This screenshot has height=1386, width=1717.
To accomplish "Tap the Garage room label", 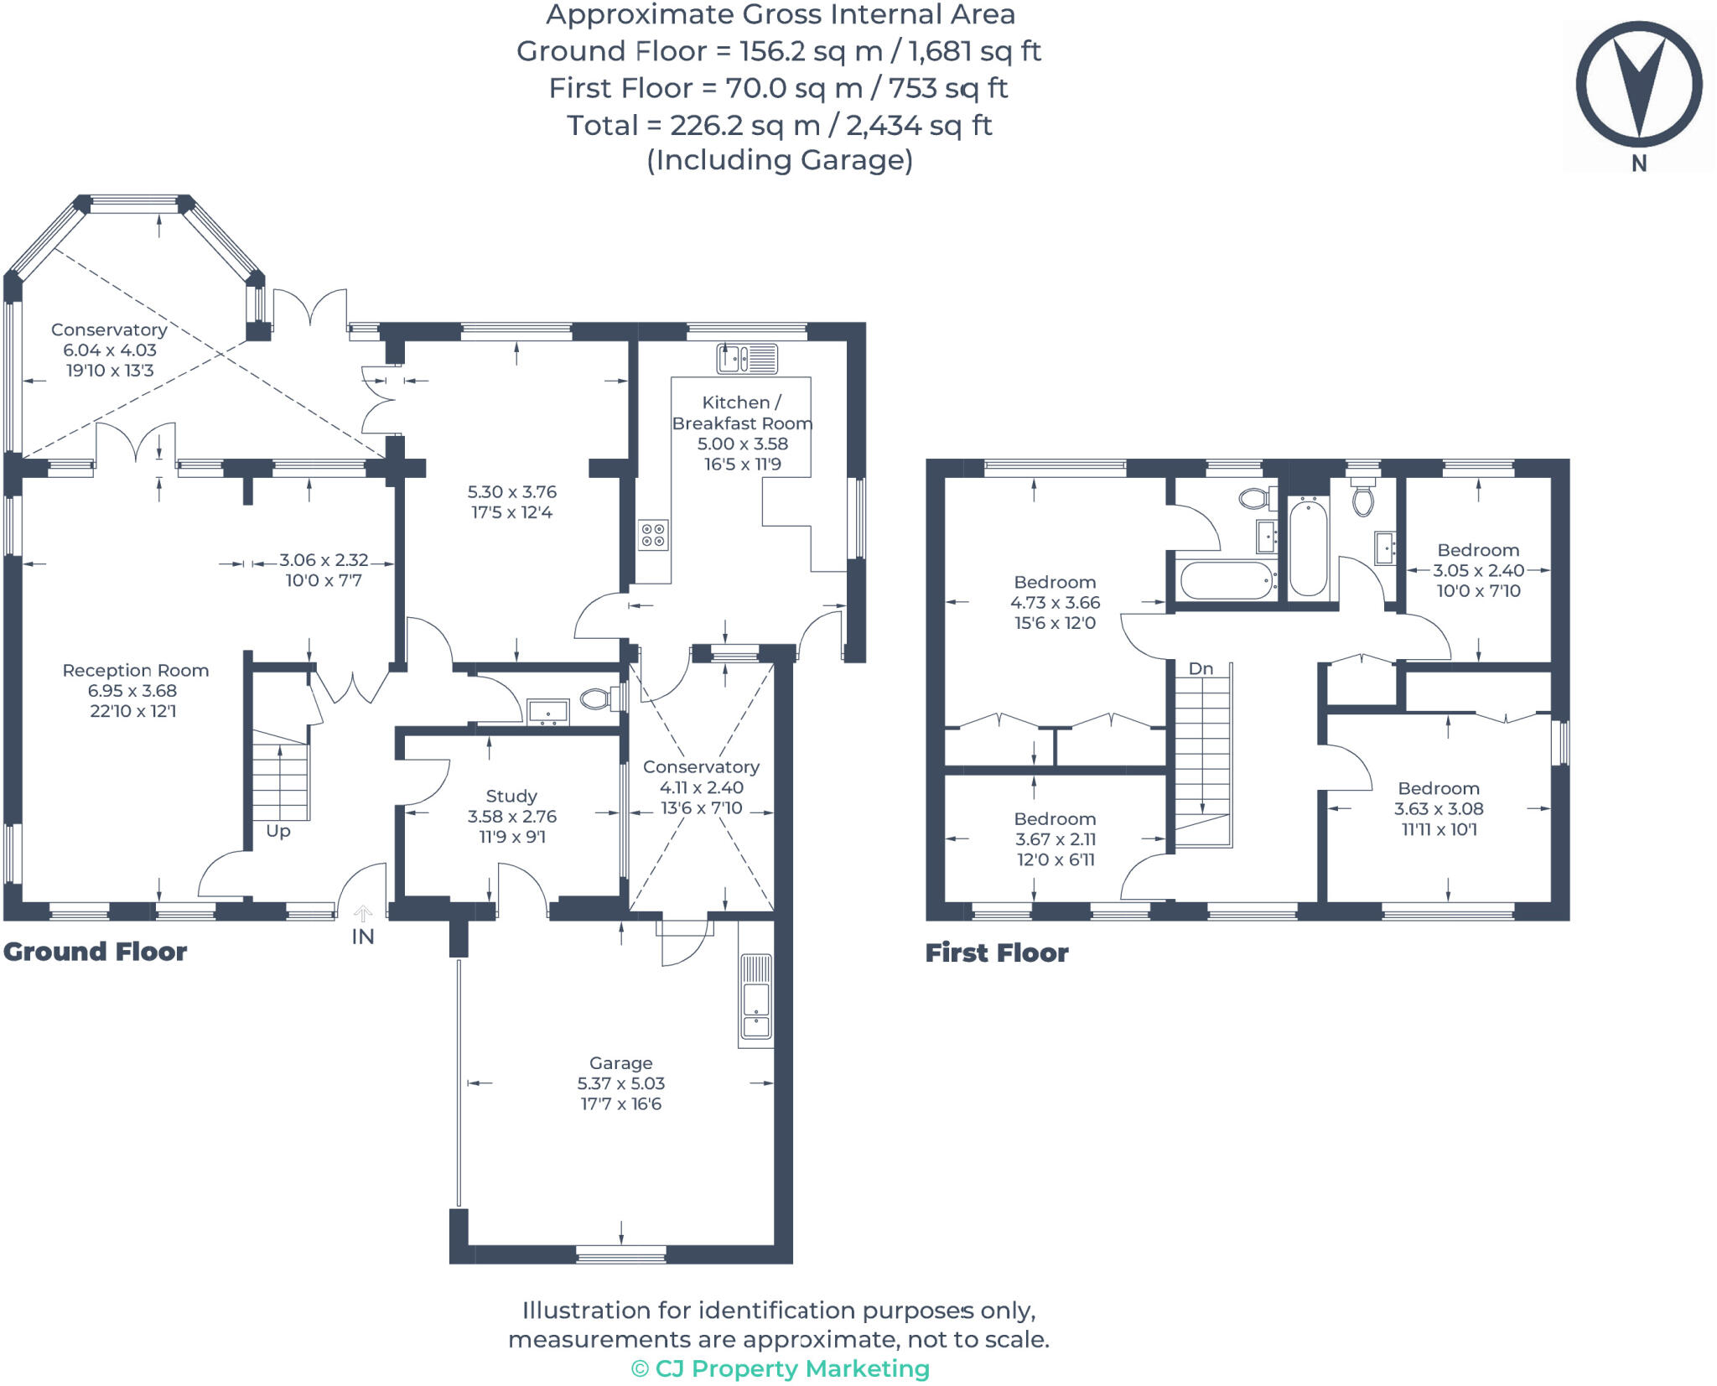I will pos(620,1063).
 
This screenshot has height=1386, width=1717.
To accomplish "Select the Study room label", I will pos(511,797).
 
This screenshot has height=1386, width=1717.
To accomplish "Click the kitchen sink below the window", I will pos(746,359).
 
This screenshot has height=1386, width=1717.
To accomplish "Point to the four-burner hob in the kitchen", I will pos(653,535).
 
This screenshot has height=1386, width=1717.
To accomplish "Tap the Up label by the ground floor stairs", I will pos(278,831).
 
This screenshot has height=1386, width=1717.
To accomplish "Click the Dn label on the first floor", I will pos(1201,668).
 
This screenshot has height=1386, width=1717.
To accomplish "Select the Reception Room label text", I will pos(135,671).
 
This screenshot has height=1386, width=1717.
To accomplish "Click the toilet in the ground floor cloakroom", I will pos(597,698).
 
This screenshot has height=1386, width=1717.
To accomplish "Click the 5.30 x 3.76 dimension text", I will pos(511,492).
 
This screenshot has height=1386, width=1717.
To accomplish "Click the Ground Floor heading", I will pos(95,952).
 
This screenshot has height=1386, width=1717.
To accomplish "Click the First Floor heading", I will pos(997,953).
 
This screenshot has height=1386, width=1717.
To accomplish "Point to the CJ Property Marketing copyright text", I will pos(780,1368).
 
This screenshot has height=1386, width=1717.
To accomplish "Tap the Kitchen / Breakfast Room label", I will pos(742,413).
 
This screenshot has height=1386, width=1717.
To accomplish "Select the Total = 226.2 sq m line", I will pos(779,126).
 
